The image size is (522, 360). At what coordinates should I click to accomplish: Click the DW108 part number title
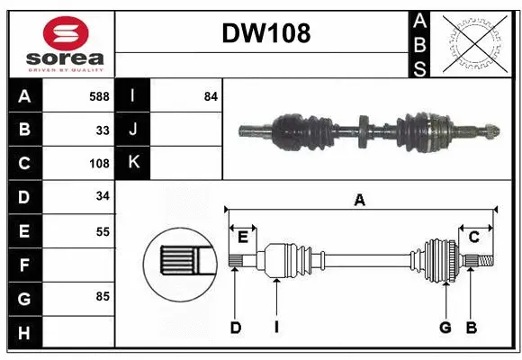[x=266, y=34]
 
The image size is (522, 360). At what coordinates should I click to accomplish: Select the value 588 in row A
[x=99, y=96]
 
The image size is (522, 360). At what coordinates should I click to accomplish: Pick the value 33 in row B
[x=103, y=130]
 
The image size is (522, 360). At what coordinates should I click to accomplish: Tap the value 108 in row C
[x=98, y=164]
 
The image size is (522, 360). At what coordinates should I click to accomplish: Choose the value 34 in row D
[x=103, y=197]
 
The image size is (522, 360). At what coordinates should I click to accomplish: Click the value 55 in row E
[x=103, y=231]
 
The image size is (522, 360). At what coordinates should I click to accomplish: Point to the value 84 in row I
[x=211, y=96]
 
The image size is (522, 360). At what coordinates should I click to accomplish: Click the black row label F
[x=24, y=265]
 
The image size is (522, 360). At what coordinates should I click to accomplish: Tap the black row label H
[x=24, y=333]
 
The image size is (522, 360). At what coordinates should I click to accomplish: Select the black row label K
[x=133, y=164]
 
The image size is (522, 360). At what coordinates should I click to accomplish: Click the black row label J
[x=133, y=130]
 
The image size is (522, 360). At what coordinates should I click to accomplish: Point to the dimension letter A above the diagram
[x=360, y=201]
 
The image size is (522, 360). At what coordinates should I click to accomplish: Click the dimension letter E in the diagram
[x=243, y=237]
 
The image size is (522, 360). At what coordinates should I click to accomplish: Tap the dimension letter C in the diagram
[x=473, y=237]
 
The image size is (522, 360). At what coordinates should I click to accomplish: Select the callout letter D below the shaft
[x=235, y=328]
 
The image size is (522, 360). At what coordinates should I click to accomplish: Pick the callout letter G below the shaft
[x=445, y=328]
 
